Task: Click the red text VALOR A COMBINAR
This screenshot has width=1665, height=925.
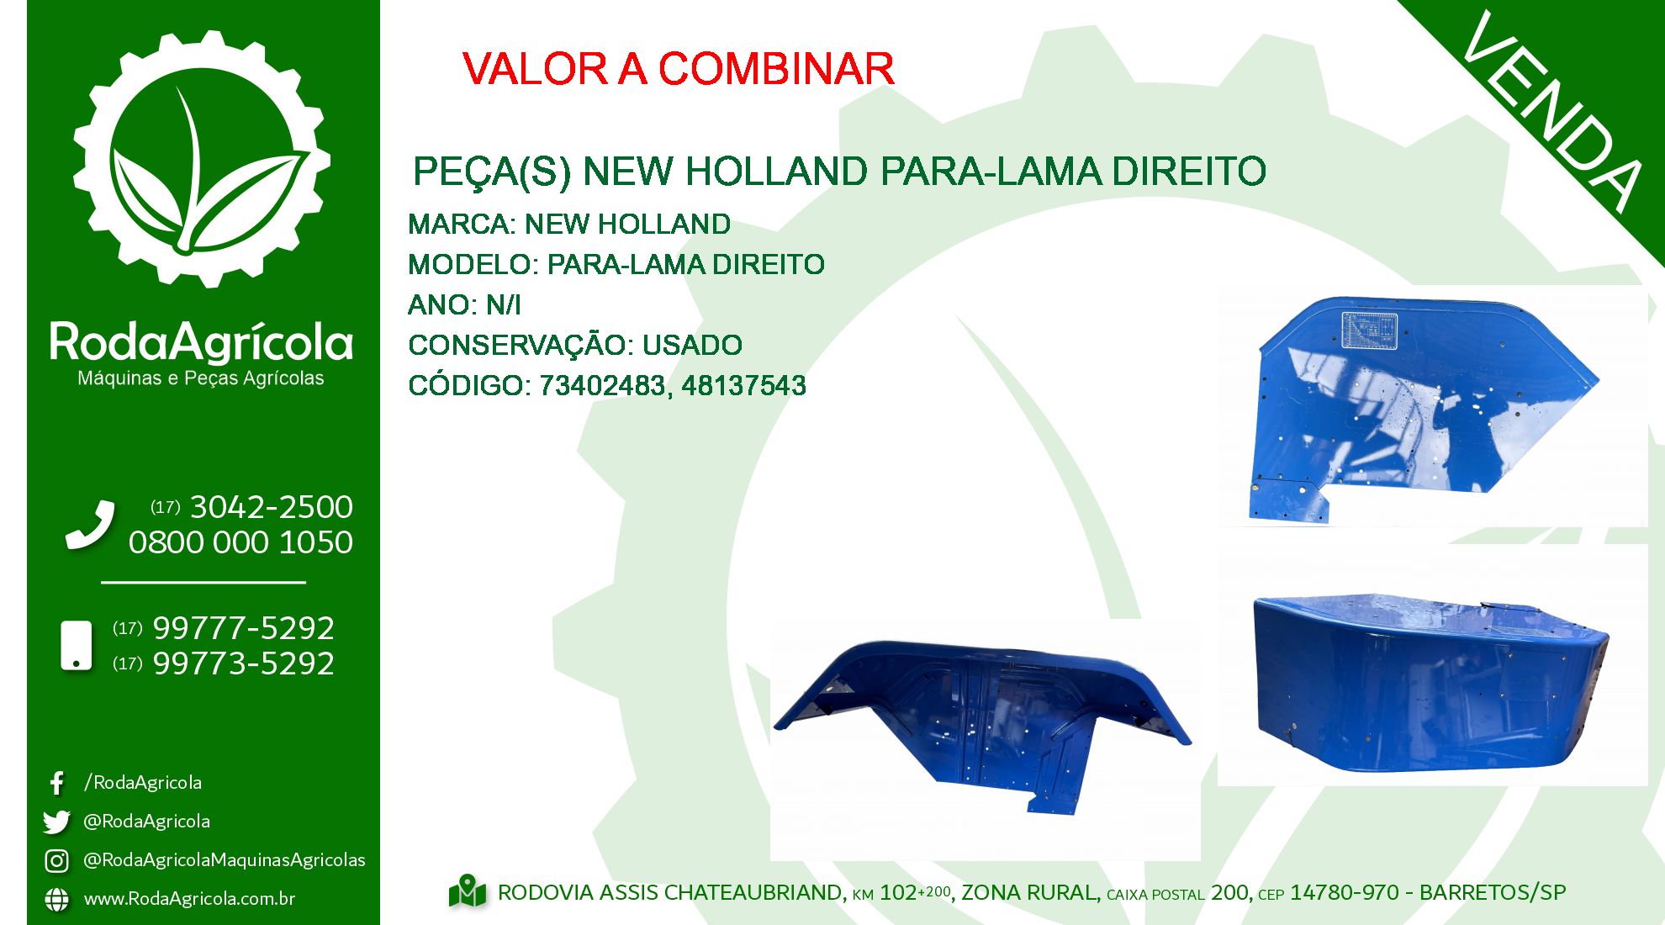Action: pyautogui.click(x=678, y=69)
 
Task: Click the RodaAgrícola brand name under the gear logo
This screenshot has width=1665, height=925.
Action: pyautogui.click(x=201, y=343)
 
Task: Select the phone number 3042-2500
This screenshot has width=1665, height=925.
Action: pyautogui.click(x=272, y=507)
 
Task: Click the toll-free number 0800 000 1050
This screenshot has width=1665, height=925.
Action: pyautogui.click(x=240, y=542)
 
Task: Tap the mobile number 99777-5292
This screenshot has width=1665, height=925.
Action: pyautogui.click(x=243, y=628)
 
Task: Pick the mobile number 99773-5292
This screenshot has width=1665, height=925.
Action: pyautogui.click(x=243, y=663)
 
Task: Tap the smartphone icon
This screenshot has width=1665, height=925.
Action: pyautogui.click(x=77, y=646)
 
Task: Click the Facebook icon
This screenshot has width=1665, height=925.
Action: pyautogui.click(x=56, y=783)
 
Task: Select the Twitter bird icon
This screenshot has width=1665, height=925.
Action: pyautogui.click(x=56, y=822)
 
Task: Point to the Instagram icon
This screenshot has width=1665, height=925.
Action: pyautogui.click(x=56, y=860)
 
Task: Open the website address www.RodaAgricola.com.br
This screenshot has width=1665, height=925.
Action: pyautogui.click(x=189, y=898)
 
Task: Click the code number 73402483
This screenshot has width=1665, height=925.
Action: pyautogui.click(x=602, y=386)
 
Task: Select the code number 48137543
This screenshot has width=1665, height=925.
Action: pyautogui.click(x=743, y=386)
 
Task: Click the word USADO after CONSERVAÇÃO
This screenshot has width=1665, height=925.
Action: pyautogui.click(x=692, y=346)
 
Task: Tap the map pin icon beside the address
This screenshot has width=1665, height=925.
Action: pyautogui.click(x=468, y=891)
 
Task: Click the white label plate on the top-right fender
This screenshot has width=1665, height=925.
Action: pyautogui.click(x=1369, y=330)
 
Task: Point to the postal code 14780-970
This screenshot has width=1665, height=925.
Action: pyautogui.click(x=1345, y=892)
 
